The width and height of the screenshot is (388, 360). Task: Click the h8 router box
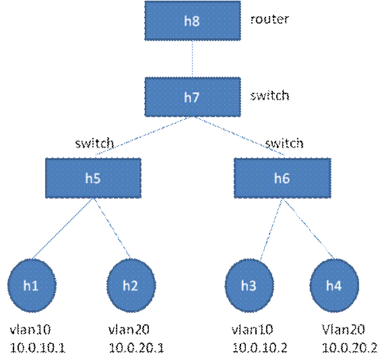193,20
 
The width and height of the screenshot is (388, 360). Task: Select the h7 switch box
193,97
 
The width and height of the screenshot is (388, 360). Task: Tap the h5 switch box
93,178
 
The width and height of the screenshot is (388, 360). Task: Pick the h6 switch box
282,178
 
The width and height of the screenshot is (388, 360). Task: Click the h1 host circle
32,285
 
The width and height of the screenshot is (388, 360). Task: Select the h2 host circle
131,285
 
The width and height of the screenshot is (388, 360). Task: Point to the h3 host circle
249,285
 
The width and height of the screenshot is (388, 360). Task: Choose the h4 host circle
334,285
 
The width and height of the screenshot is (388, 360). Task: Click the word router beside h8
269,20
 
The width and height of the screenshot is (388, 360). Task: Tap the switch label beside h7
269,95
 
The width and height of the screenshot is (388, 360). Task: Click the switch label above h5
94,143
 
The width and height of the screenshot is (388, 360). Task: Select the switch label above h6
284,143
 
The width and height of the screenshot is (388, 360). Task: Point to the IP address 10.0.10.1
38,348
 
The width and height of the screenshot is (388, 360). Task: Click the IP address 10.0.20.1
136,348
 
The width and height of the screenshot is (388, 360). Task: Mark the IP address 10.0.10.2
260,348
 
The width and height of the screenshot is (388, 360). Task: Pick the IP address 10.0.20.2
350,348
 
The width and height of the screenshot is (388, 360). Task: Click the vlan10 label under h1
30,329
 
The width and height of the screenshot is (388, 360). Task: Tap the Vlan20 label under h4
344,329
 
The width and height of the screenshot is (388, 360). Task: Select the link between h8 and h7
193,59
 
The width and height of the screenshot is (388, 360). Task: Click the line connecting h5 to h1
62,229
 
